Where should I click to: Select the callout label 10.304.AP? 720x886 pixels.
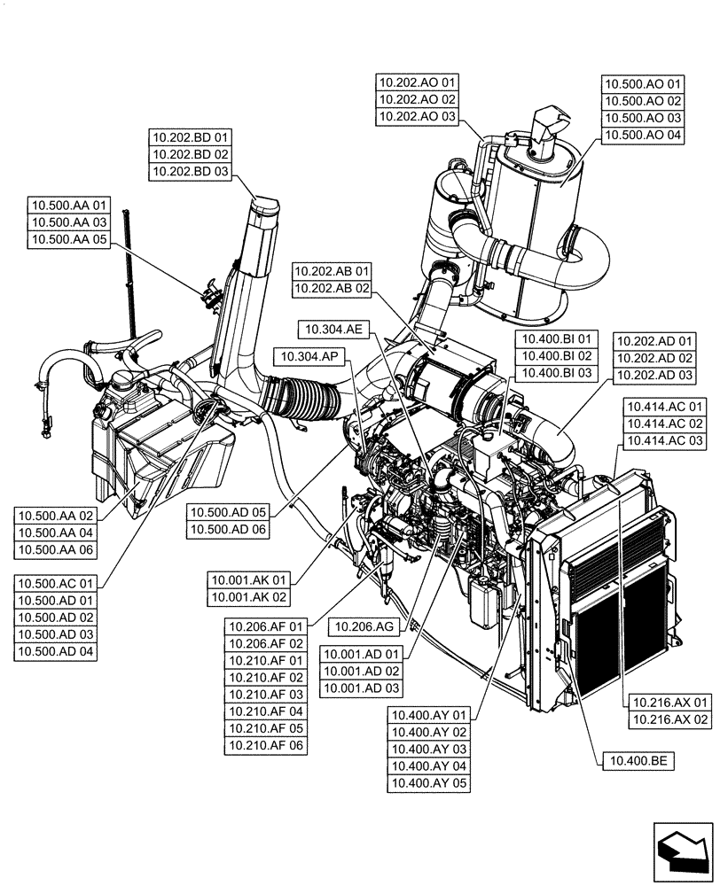[311, 356]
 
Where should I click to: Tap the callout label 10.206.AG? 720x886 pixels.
[364, 626]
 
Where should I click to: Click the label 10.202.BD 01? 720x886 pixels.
[190, 137]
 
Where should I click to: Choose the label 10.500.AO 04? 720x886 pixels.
[643, 136]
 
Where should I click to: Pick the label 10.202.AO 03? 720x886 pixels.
[417, 116]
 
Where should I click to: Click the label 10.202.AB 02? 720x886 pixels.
[333, 288]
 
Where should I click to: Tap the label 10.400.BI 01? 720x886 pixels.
[556, 339]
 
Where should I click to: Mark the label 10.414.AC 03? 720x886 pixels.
[664, 440]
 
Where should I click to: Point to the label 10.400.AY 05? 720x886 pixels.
[428, 783]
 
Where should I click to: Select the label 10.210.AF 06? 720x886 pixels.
[267, 745]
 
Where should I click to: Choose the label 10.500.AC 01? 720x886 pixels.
[56, 585]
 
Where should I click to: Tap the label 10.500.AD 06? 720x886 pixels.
[228, 529]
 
